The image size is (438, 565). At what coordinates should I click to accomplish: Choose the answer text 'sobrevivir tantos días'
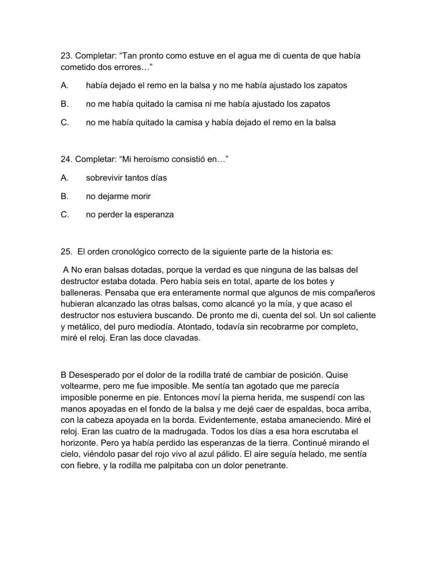click(x=126, y=178)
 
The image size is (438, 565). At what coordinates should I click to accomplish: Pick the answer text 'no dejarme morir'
click(x=118, y=197)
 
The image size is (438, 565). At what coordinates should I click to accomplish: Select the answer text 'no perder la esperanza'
click(x=130, y=215)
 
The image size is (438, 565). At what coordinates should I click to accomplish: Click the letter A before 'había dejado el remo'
click(x=64, y=86)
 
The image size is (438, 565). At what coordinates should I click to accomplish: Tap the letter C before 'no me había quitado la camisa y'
click(x=64, y=123)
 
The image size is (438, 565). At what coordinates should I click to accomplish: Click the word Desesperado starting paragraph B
click(x=91, y=375)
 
